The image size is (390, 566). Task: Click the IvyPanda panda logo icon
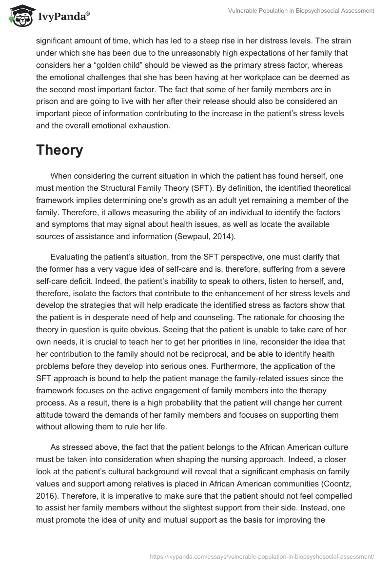(19, 16)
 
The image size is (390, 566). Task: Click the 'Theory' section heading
(59, 151)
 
